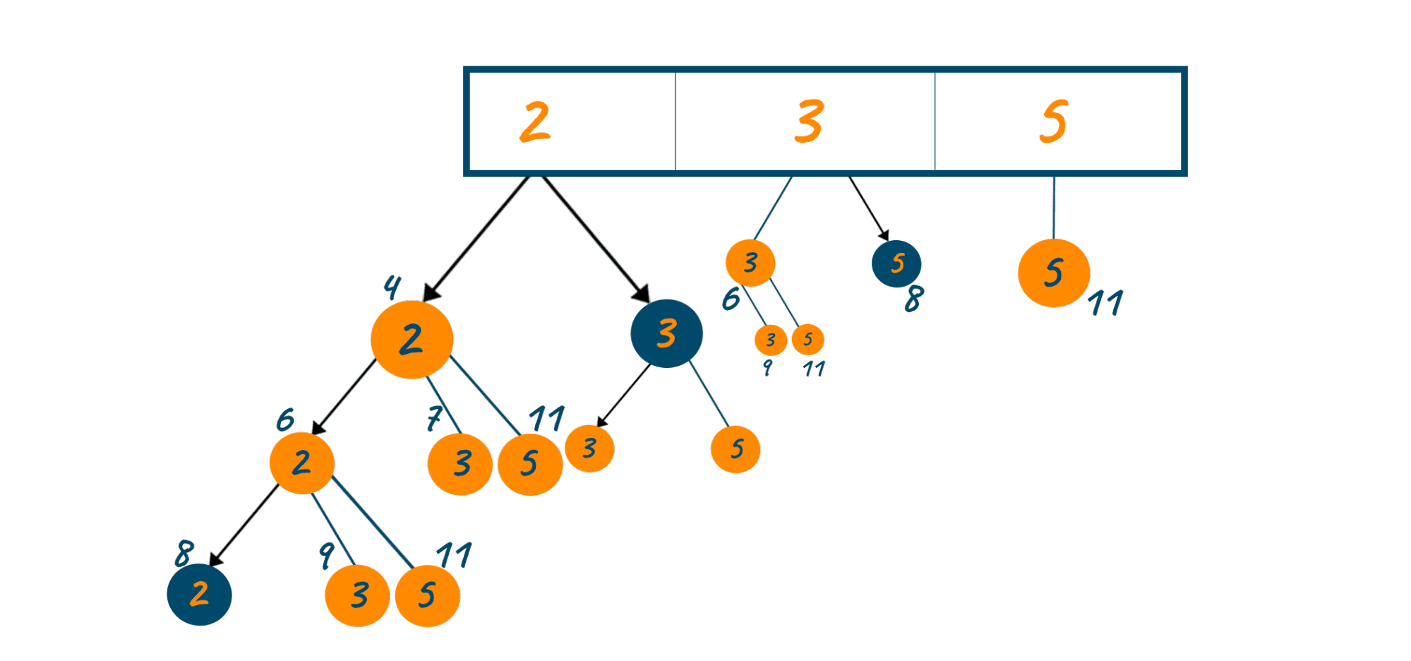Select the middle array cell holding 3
click(805, 121)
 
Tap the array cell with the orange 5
click(1057, 121)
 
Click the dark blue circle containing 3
click(666, 333)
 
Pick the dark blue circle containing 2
click(199, 595)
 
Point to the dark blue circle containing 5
click(896, 263)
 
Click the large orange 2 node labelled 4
click(412, 340)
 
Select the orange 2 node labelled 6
click(301, 463)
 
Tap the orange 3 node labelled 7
click(460, 464)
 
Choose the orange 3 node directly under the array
click(750, 263)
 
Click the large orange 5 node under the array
click(1053, 273)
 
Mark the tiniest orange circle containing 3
click(771, 340)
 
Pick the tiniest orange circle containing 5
click(807, 340)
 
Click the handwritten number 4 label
click(392, 286)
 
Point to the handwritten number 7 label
click(433, 418)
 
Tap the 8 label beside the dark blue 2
click(184, 553)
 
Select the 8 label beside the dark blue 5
click(914, 299)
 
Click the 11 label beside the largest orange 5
click(1105, 303)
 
